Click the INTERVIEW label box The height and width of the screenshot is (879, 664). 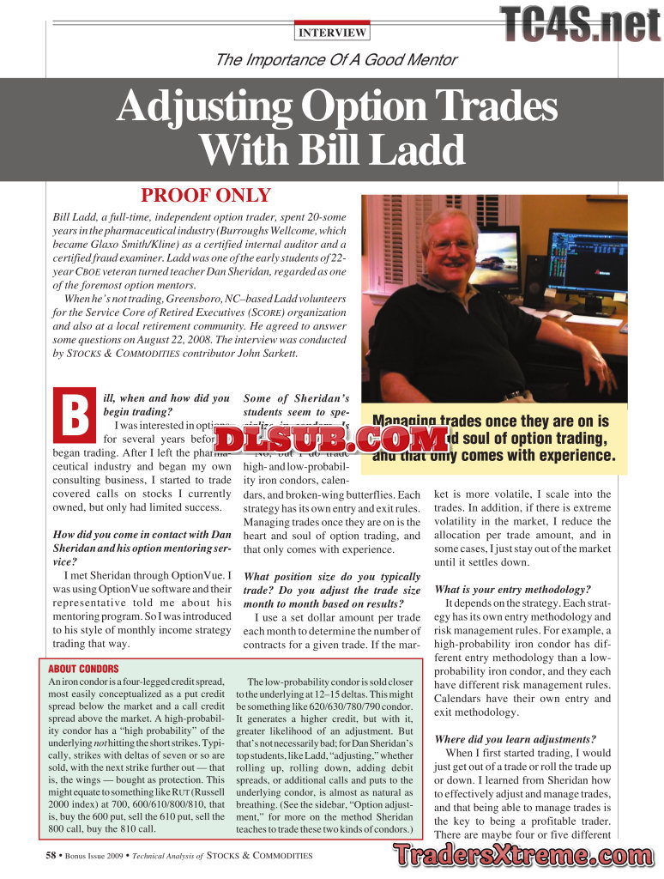pos(332,33)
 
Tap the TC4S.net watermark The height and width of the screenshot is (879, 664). pos(580,24)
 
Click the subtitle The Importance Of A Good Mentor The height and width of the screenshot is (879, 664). pos(335,60)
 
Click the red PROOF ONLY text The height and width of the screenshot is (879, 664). pos(206,196)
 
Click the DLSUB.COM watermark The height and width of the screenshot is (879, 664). pos(332,439)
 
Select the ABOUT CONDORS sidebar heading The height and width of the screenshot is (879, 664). pos(83,669)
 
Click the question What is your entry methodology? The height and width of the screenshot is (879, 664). pos(512,590)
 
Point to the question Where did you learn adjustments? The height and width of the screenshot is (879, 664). pos(513,739)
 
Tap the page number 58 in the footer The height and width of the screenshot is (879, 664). pos(51,855)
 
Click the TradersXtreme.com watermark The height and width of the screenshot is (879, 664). pos(523,855)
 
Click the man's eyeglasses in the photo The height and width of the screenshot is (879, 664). pos(451,246)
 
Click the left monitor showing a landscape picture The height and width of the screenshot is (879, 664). pos(496,258)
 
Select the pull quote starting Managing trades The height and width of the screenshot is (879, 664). pos(494,438)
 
